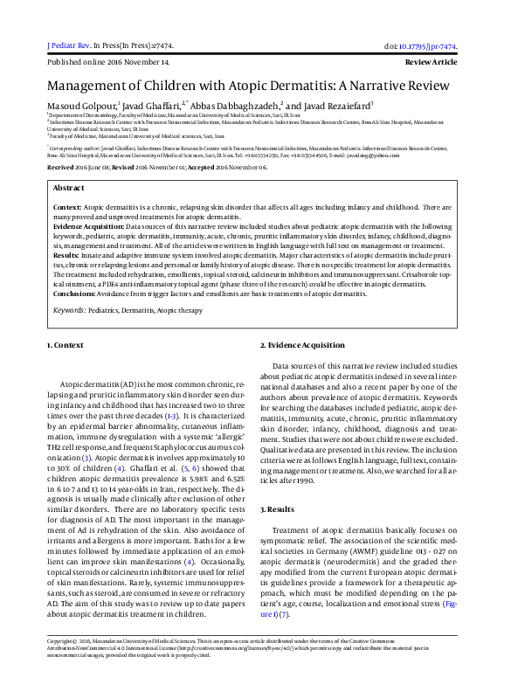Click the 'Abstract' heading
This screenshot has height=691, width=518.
(69, 188)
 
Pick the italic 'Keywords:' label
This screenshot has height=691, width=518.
(69, 309)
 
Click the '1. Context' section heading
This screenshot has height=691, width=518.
(66, 346)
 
